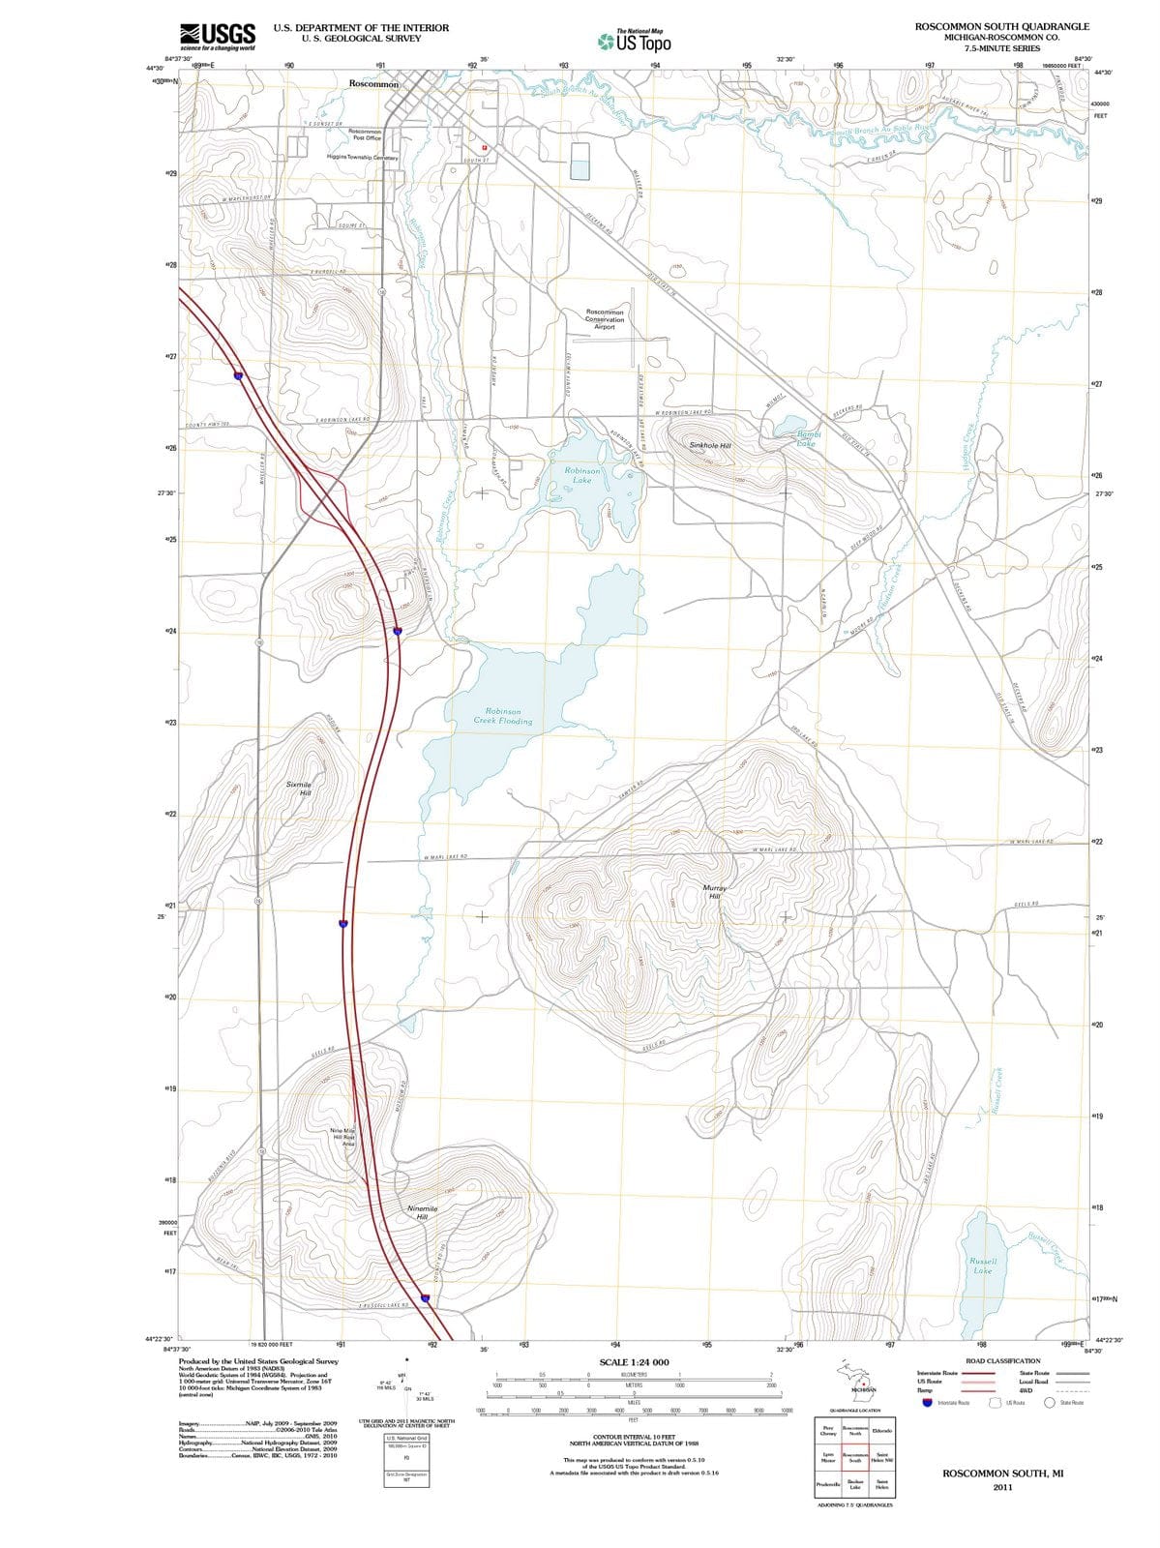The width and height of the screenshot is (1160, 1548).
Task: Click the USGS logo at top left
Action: tap(218, 36)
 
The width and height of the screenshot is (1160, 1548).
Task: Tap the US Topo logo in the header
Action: tap(634, 42)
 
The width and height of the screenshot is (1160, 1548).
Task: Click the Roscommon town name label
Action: tap(373, 85)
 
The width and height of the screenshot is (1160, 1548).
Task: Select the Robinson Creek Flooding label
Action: tap(503, 716)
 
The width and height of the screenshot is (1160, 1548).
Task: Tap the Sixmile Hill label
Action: tap(300, 788)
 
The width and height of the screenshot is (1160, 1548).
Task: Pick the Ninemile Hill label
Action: tap(423, 1212)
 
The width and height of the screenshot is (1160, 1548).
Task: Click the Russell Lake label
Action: tap(982, 1265)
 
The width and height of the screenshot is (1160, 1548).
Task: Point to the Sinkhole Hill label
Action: tap(710, 446)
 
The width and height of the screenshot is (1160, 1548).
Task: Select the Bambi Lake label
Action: tap(807, 439)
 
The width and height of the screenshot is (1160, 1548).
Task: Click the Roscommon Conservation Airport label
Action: tap(605, 319)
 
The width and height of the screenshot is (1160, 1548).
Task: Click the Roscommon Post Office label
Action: tap(366, 134)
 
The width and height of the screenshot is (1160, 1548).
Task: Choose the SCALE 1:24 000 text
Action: tap(634, 1362)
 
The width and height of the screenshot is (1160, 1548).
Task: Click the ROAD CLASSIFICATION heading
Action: tap(1003, 1361)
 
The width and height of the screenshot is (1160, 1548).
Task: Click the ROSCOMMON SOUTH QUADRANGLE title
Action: tap(1002, 27)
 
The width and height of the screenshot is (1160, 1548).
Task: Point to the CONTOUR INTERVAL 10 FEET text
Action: tap(634, 1438)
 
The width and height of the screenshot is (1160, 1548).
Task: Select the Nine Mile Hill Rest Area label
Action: tap(343, 1137)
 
